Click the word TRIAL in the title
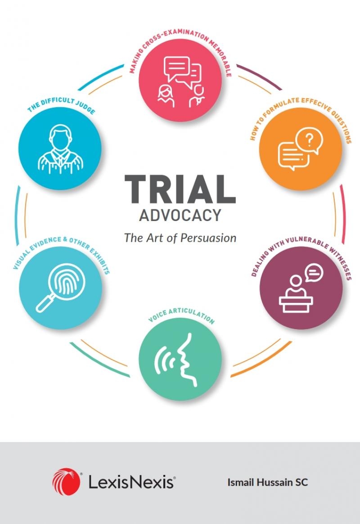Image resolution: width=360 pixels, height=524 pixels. click(x=180, y=189)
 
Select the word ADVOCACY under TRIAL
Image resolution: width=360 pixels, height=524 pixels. click(x=180, y=215)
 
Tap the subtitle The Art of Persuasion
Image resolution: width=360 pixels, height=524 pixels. click(x=180, y=238)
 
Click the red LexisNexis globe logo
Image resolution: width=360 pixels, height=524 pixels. click(x=66, y=482)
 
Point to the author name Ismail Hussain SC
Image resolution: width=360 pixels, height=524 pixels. click(x=267, y=482)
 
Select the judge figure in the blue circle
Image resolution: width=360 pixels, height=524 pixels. click(x=60, y=149)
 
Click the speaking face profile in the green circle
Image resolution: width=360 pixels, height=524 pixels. click(x=186, y=360)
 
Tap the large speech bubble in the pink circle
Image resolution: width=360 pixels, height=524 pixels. click(x=176, y=68)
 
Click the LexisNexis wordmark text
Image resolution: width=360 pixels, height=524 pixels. click(x=131, y=482)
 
